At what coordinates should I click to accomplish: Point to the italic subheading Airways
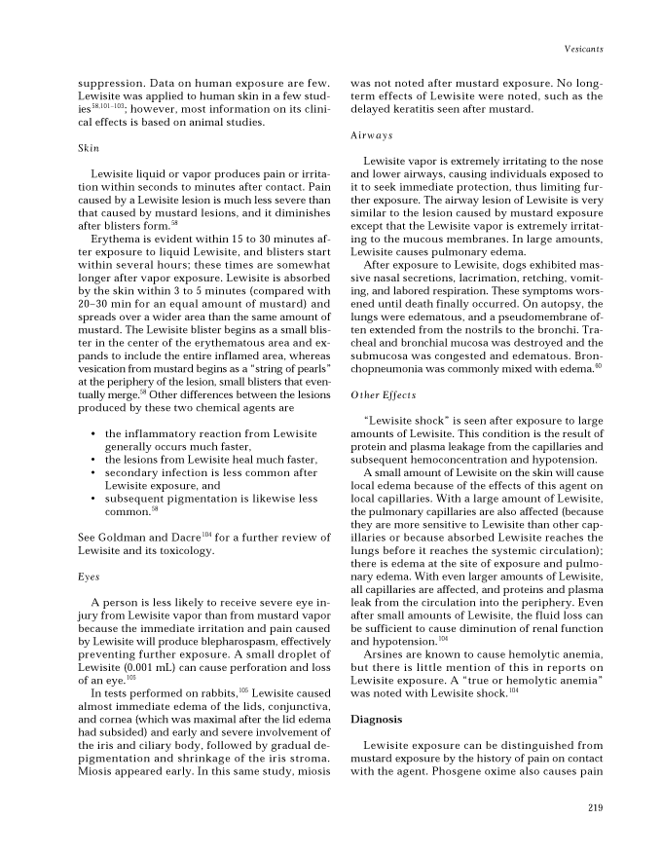coord(372,135)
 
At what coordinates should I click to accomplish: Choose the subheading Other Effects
coord(383,395)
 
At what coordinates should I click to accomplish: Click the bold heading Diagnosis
coord(376,719)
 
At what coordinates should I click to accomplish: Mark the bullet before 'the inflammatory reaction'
coord(92,432)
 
